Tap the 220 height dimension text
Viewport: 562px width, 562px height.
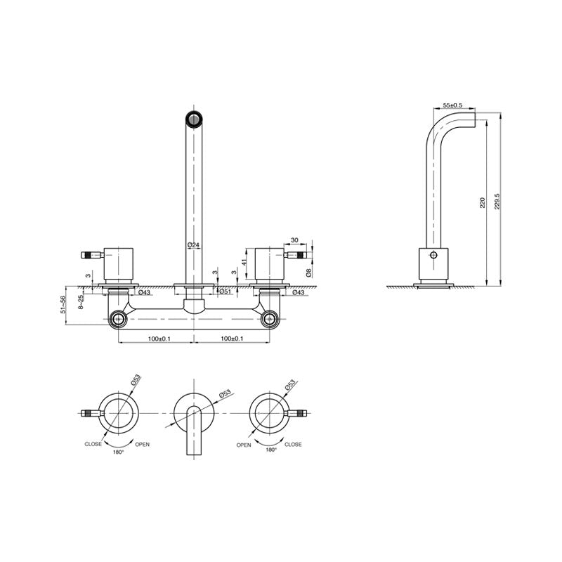click(482, 203)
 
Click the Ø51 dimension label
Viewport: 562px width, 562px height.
click(226, 291)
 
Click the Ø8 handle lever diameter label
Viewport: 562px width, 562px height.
click(309, 270)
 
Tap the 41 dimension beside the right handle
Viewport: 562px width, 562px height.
click(243, 262)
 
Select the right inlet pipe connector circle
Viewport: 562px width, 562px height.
click(270, 320)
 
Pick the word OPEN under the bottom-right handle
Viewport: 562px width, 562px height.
click(244, 444)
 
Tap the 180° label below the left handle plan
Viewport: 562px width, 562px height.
click(118, 452)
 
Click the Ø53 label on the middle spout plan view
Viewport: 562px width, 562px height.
click(226, 395)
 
